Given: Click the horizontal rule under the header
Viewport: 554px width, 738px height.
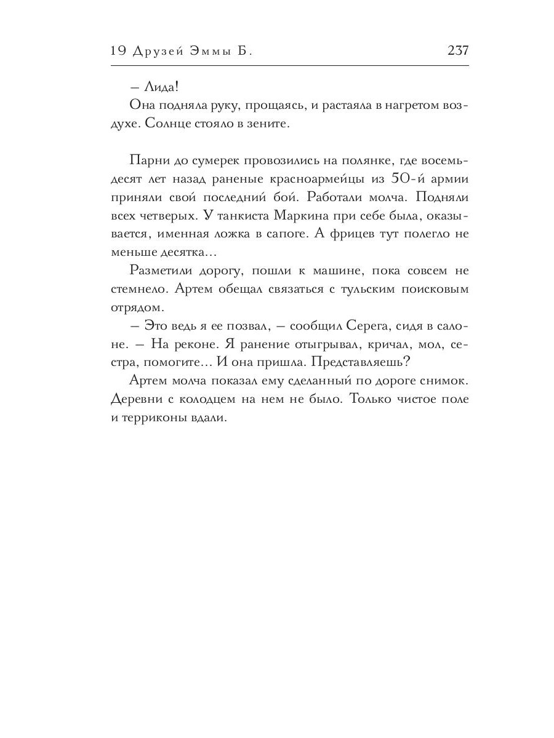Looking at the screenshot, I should (289, 65).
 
